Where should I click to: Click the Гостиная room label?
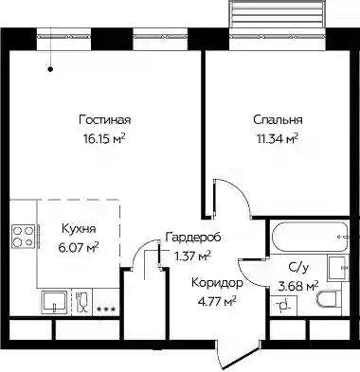click(105, 120)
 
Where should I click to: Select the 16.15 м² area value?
click(104, 138)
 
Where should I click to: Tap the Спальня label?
click(278, 120)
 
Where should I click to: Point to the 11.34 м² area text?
click(278, 138)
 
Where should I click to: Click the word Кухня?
click(78, 229)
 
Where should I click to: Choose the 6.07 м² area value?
click(79, 247)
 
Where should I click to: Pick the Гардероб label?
click(193, 238)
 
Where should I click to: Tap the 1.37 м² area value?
click(192, 256)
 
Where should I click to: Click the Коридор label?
click(218, 283)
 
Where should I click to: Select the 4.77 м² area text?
click(216, 301)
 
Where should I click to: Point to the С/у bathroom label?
click(298, 268)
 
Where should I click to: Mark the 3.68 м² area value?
click(297, 286)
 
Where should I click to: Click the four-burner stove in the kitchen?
click(24, 237)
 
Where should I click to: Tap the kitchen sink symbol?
click(54, 302)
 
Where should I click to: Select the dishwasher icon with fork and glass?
click(81, 302)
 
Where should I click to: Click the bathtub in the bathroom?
click(310, 237)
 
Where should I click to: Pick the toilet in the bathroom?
click(327, 298)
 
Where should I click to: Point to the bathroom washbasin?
click(338, 268)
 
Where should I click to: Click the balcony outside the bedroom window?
click(278, 14)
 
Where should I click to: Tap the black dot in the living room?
click(50, 69)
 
